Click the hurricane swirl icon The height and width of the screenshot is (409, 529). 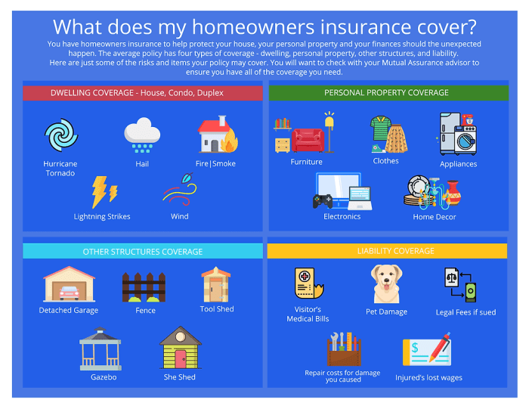pos(60,136)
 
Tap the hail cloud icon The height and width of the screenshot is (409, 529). pos(142,136)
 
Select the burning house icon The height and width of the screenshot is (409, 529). pos(216,136)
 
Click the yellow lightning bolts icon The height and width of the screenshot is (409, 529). pos(103,192)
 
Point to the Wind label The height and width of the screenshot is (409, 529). pos(180,217)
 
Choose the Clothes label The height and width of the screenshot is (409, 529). pos(385,161)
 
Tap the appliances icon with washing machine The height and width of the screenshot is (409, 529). pos(458,135)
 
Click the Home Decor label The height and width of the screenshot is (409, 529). pos(435,217)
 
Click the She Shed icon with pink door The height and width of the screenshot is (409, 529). pos(180,348)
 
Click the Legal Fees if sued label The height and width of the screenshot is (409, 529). pos(466,312)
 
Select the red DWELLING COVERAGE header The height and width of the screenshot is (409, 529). pos(142,93)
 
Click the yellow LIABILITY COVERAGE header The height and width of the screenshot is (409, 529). pos(386,250)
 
